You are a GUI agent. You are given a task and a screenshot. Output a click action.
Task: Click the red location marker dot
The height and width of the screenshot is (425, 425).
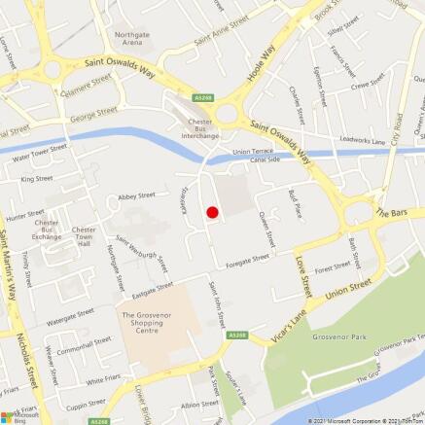tap(211, 212)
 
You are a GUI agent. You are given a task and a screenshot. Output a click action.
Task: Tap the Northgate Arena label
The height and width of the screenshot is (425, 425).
tap(133, 39)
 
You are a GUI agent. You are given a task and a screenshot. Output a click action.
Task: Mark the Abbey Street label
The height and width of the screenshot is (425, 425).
tap(136, 195)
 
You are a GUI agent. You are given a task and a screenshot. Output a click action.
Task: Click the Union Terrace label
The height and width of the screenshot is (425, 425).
tap(255, 153)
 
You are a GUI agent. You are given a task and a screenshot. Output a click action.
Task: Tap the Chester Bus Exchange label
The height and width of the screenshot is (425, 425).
tap(47, 230)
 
